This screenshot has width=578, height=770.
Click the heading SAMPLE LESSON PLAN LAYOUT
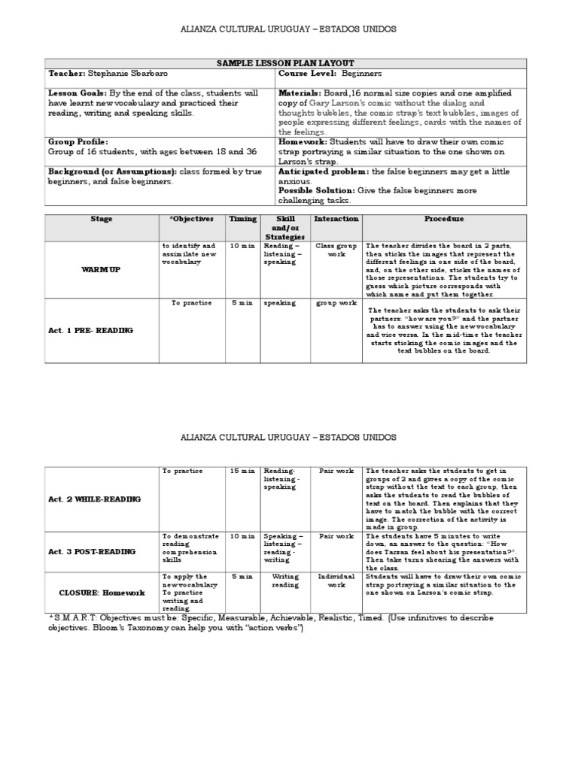coord(286,63)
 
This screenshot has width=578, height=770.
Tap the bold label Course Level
coord(307,74)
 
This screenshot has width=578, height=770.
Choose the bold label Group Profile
coord(78,141)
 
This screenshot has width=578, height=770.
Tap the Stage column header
coord(102,220)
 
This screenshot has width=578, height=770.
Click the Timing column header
coord(242,220)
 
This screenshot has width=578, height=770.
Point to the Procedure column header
coord(444,220)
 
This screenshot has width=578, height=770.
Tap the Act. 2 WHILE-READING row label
coord(94,499)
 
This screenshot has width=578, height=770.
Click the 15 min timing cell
coord(242,471)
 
